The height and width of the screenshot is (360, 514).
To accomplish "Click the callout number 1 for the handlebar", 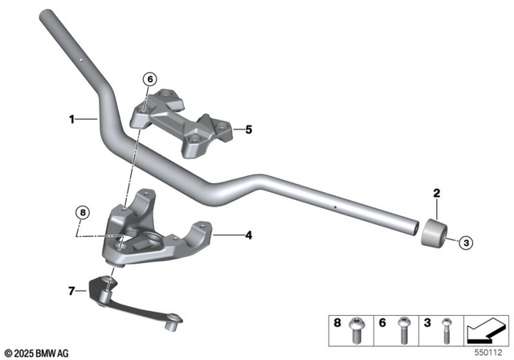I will click(71, 120).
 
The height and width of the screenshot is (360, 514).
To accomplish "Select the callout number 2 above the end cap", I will click(437, 193).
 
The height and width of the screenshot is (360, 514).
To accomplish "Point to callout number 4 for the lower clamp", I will click(248, 235).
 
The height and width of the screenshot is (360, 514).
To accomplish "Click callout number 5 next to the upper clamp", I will click(248, 129).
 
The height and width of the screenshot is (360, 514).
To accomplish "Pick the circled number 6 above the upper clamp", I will click(148, 79).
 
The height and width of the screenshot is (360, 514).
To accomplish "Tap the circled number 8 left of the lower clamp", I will click(81, 213).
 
